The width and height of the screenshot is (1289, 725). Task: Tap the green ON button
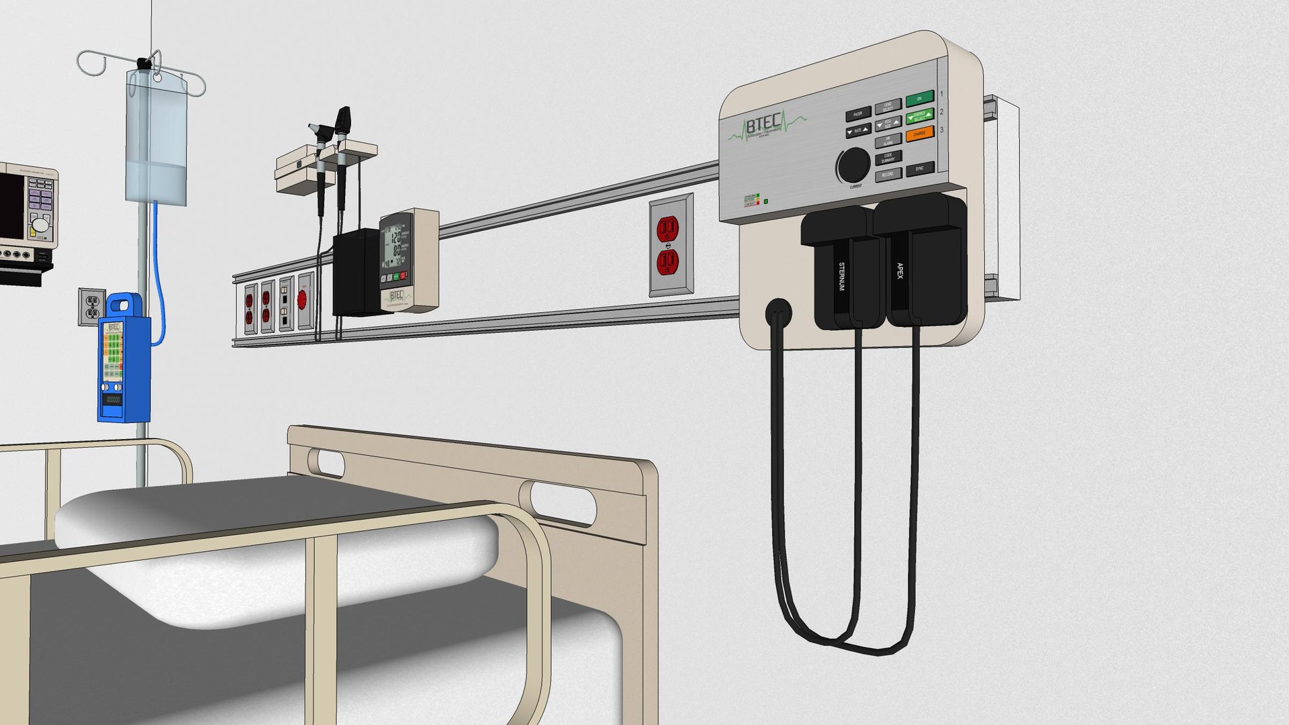919,99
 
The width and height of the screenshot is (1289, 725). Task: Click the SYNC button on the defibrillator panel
919,168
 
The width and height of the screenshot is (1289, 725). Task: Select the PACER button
857,114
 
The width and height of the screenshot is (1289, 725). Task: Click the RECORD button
887,175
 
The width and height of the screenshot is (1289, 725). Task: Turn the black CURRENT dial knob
853,164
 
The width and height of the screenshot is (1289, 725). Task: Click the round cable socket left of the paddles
778,312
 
